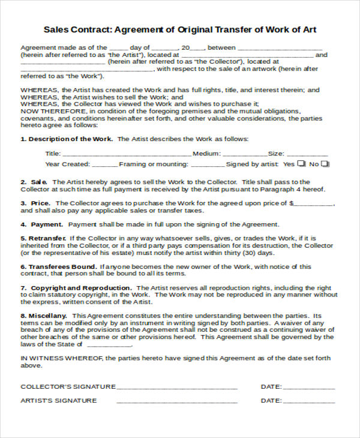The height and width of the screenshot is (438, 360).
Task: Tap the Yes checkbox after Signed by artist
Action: click(x=301, y=163)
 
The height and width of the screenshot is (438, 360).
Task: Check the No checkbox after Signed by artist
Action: click(x=325, y=163)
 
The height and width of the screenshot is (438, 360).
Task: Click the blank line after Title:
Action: click(x=126, y=155)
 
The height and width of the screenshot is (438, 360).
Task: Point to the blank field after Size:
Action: click(x=308, y=155)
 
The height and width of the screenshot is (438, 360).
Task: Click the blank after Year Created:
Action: click(x=105, y=165)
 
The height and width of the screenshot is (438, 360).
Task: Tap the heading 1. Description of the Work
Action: click(x=67, y=139)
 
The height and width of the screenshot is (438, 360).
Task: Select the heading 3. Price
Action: click(x=36, y=203)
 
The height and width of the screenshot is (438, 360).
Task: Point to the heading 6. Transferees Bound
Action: click(x=59, y=266)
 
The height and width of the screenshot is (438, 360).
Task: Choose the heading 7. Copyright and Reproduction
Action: click(x=76, y=288)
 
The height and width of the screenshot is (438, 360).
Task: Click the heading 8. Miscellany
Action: click(x=45, y=316)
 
